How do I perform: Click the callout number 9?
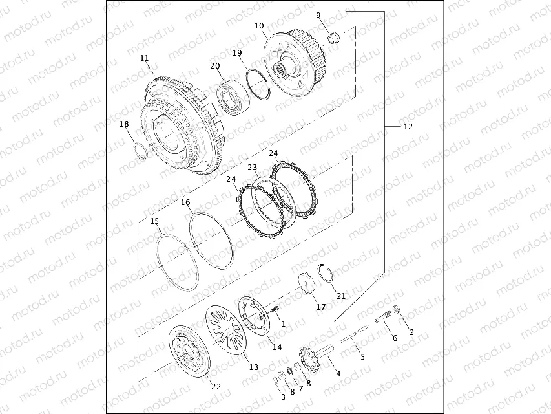(x=318, y=15)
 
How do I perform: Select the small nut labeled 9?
(x=335, y=37)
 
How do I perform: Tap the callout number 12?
(x=408, y=126)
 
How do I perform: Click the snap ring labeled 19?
(x=259, y=85)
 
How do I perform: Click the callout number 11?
(x=145, y=58)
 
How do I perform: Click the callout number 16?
(x=185, y=202)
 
